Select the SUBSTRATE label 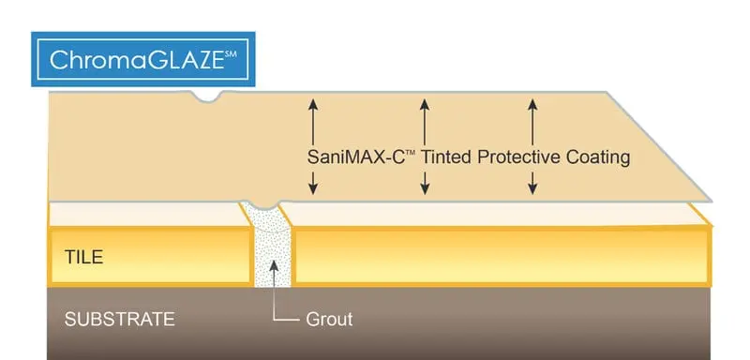[x=119, y=319]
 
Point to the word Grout [x=329, y=319]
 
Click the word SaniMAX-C [x=355, y=157]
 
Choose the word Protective [x=518, y=157]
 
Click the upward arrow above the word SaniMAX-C [x=313, y=116]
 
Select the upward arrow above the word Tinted [x=425, y=116]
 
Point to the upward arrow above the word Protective [x=532, y=116]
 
